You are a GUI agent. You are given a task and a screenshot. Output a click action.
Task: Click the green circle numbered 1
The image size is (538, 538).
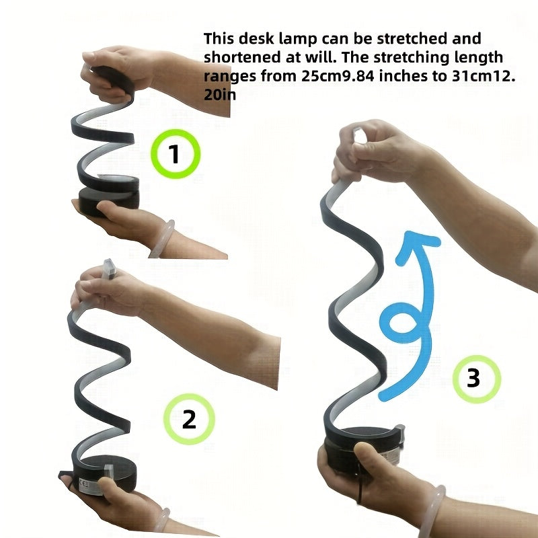point(174,155)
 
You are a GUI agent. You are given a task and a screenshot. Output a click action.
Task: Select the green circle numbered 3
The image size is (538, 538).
point(473,378)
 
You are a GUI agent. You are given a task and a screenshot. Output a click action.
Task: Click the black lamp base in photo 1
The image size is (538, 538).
point(108,199)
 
